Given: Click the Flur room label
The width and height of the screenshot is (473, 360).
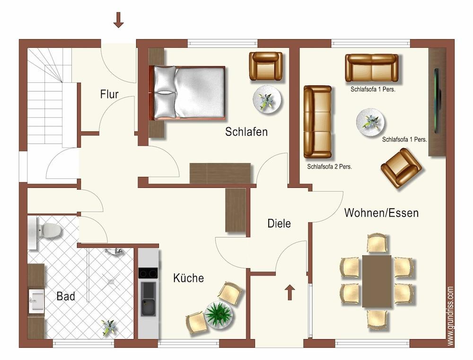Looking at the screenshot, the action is click(109, 94).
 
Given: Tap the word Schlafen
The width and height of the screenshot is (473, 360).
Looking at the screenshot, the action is click(246, 132).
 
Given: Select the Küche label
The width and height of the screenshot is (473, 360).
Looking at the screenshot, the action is click(189, 278).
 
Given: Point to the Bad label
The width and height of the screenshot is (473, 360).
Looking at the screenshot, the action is click(66, 296).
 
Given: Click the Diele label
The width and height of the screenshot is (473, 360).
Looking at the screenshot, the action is click(280, 224).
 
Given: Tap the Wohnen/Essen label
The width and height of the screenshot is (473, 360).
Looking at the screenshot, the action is click(382, 213).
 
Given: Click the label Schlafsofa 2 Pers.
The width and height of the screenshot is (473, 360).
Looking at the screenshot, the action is click(330, 167).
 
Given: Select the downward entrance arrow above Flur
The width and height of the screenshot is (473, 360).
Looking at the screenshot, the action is click(119, 20).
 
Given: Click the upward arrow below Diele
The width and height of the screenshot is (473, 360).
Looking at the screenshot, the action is click(290, 292).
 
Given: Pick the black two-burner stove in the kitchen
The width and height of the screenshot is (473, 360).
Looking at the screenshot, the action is click(148, 273).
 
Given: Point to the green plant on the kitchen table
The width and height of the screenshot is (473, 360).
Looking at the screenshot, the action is click(219, 315).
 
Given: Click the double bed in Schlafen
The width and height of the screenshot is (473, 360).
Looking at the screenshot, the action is click(188, 93).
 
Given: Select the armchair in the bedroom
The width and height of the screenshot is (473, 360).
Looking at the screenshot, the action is click(266, 66).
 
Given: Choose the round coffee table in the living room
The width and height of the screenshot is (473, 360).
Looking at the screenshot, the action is click(370, 122).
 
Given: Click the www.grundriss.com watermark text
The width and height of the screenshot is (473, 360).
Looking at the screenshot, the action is click(451, 316).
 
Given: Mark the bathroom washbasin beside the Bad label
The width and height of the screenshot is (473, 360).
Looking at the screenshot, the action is click(36, 301).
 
